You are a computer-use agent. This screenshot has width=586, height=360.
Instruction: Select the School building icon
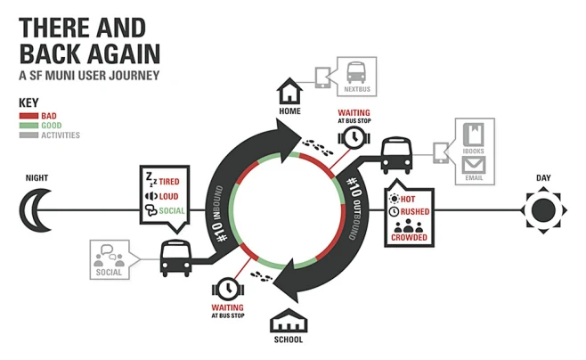tap(288, 321)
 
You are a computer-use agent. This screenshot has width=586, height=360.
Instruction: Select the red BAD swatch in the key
tap(28, 116)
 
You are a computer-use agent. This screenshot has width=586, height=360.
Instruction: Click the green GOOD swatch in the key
tap(28, 126)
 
